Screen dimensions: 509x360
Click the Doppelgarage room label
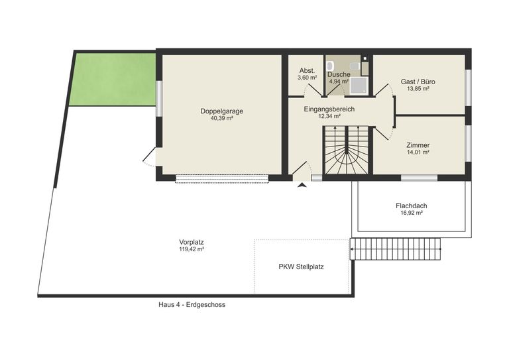pos(222,111)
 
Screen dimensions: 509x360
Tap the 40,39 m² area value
pos(222,119)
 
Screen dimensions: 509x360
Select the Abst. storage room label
pos(307,71)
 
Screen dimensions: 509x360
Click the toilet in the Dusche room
pos(330,66)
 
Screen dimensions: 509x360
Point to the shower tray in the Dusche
pos(359,85)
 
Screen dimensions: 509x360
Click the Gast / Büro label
pos(418,82)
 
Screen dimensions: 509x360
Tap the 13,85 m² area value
pos(418,89)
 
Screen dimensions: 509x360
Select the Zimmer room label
pos(418,145)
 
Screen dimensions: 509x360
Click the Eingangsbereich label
pos(329,109)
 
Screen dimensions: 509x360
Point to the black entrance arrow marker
pos(302,185)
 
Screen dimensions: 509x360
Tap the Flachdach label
pos(412,206)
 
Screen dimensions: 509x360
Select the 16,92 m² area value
pos(412,213)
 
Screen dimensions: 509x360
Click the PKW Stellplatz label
pos(302,267)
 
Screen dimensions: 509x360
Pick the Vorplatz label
pos(192,242)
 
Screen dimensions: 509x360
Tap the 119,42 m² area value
pos(192,249)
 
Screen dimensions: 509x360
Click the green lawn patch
pos(113,79)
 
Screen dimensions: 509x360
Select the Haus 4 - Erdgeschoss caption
pos(192,305)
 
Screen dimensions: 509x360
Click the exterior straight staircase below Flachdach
pos(396,249)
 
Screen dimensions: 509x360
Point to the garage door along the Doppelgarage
pos(222,179)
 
